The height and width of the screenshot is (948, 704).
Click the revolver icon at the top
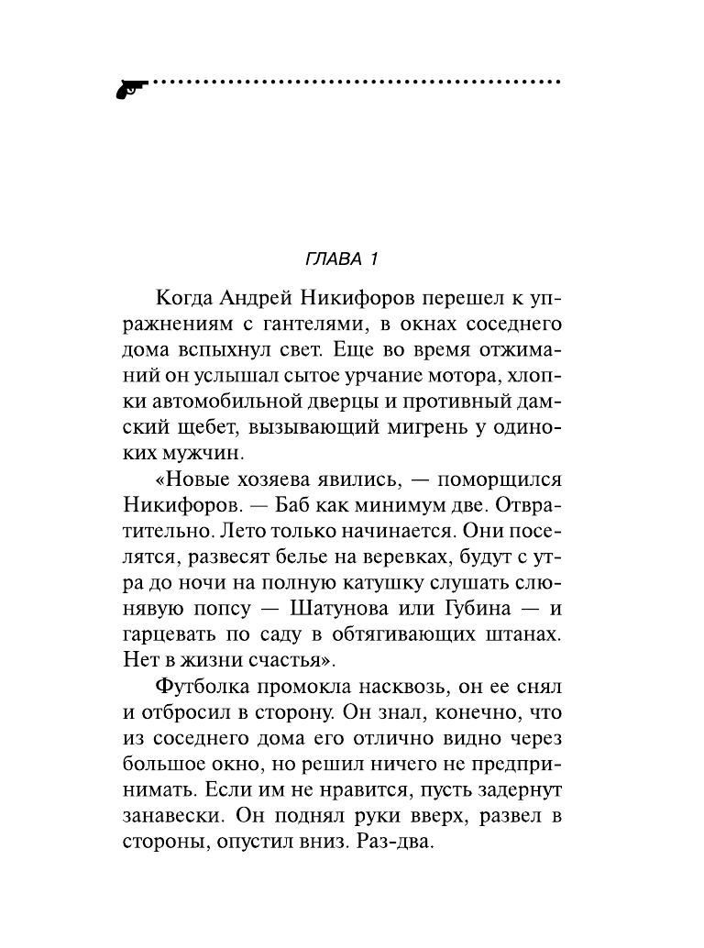pyautogui.click(x=130, y=87)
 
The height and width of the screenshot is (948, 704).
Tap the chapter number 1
pyautogui.click(x=374, y=259)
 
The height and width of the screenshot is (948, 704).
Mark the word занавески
pyautogui.click(x=172, y=813)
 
